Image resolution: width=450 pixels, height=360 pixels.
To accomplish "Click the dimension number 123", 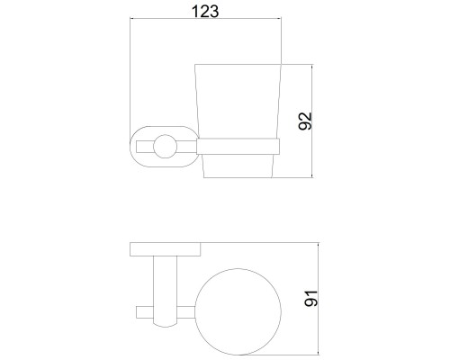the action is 205,12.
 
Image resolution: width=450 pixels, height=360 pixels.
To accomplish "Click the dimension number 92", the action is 305,121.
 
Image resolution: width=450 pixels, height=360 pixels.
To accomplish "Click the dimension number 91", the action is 310,299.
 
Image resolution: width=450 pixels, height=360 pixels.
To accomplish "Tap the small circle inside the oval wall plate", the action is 165,147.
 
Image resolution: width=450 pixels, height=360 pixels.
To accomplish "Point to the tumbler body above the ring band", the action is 238,101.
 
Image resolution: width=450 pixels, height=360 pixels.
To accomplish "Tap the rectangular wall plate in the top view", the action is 166,249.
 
